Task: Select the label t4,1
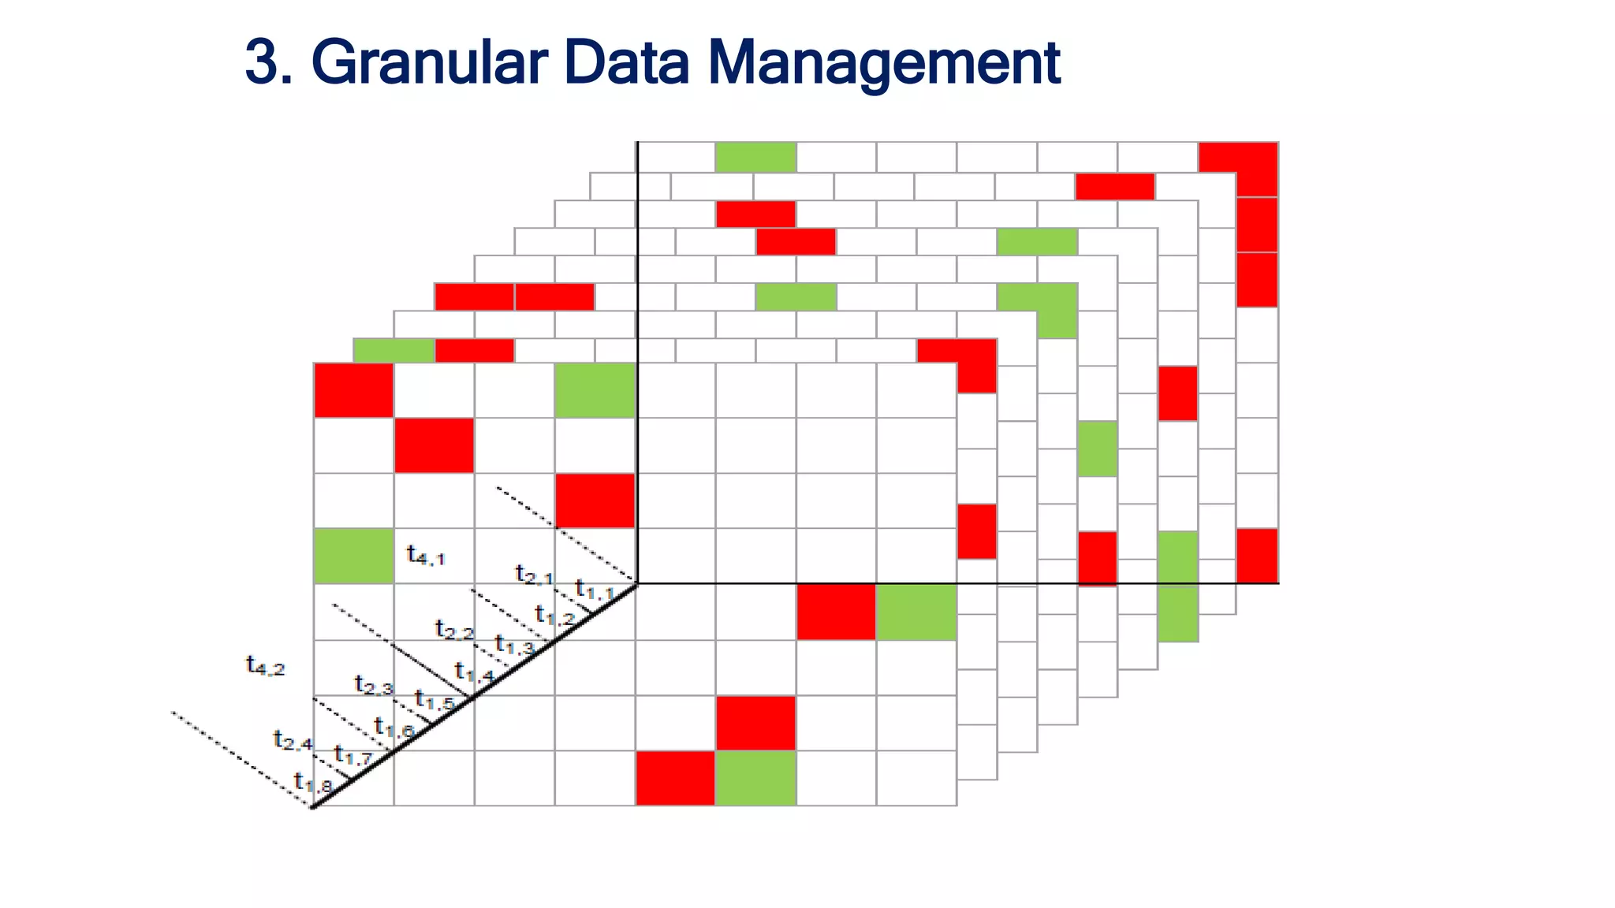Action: [x=426, y=556]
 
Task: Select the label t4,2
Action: [x=265, y=666]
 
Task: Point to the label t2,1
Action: [x=534, y=575]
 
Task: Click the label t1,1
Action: [x=594, y=590]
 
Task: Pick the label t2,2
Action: [x=454, y=630]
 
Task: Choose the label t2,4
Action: [x=293, y=740]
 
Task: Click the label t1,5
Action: [x=434, y=700]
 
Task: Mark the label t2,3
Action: [x=373, y=686]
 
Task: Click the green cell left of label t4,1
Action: [x=353, y=556]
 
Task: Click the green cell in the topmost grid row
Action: [x=755, y=157]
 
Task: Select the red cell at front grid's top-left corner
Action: [x=353, y=390]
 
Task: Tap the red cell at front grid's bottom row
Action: [x=675, y=778]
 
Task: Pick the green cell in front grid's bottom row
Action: [x=755, y=778]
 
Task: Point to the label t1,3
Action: [x=514, y=646]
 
